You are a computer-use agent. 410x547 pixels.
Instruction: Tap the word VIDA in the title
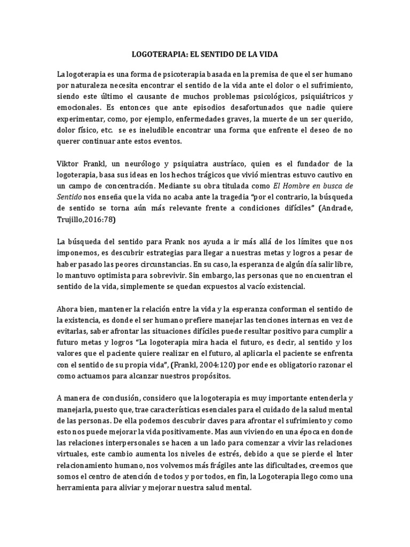[267, 54]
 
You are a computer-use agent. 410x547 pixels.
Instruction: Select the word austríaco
[228, 163]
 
